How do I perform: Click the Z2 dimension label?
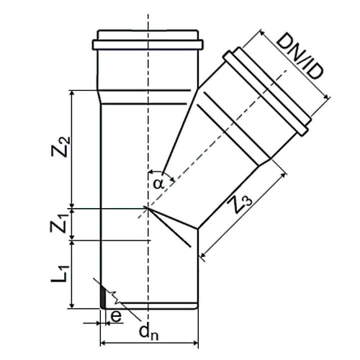click(61, 147)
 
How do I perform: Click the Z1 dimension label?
click(58, 224)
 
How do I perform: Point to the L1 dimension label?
click(60, 274)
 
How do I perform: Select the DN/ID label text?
click(300, 56)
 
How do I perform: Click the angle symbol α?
click(158, 184)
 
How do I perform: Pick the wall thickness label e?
click(116, 317)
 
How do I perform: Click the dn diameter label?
click(149, 333)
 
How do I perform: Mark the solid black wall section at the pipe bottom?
click(103, 297)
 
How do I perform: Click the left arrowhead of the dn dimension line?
click(103, 343)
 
